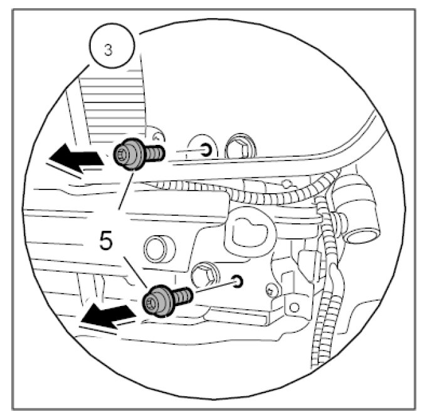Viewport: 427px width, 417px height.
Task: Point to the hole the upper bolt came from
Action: click(205, 149)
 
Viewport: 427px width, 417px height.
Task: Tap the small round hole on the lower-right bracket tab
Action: click(271, 290)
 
